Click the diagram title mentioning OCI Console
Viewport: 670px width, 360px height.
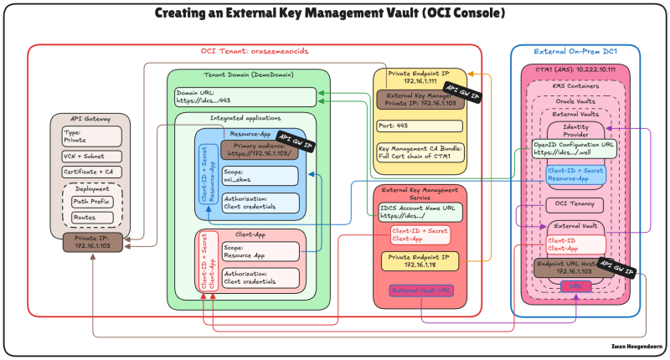pos(335,13)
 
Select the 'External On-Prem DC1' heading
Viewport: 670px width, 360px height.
pos(575,52)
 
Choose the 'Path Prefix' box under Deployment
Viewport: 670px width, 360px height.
pos(92,202)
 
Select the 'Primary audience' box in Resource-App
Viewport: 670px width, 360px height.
pos(260,150)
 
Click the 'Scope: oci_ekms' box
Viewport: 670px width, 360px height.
pos(260,176)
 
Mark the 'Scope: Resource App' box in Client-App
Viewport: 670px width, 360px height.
pos(260,250)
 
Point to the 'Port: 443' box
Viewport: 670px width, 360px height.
pos(420,126)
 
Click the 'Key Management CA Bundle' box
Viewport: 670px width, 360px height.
pos(420,152)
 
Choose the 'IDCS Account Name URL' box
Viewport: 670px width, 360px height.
pos(419,209)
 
